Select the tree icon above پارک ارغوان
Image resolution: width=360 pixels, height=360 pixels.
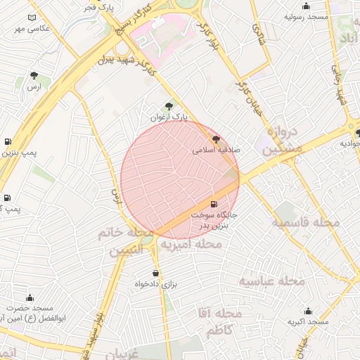tap(168, 105)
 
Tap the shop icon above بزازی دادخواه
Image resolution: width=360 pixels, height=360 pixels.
tap(155, 273)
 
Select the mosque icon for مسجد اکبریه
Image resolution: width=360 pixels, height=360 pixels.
tap(308, 310)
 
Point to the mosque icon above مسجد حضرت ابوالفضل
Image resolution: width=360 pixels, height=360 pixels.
tap(30, 297)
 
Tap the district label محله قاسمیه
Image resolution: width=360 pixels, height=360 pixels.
tap(306, 223)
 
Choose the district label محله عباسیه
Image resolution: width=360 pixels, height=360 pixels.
tap(271, 281)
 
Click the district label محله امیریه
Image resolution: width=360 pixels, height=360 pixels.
tap(191, 244)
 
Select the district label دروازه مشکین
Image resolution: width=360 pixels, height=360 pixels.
tap(284, 139)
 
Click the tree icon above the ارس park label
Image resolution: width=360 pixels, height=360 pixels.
tap(34, 75)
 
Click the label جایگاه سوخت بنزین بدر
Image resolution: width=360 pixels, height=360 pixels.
tap(220, 219)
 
